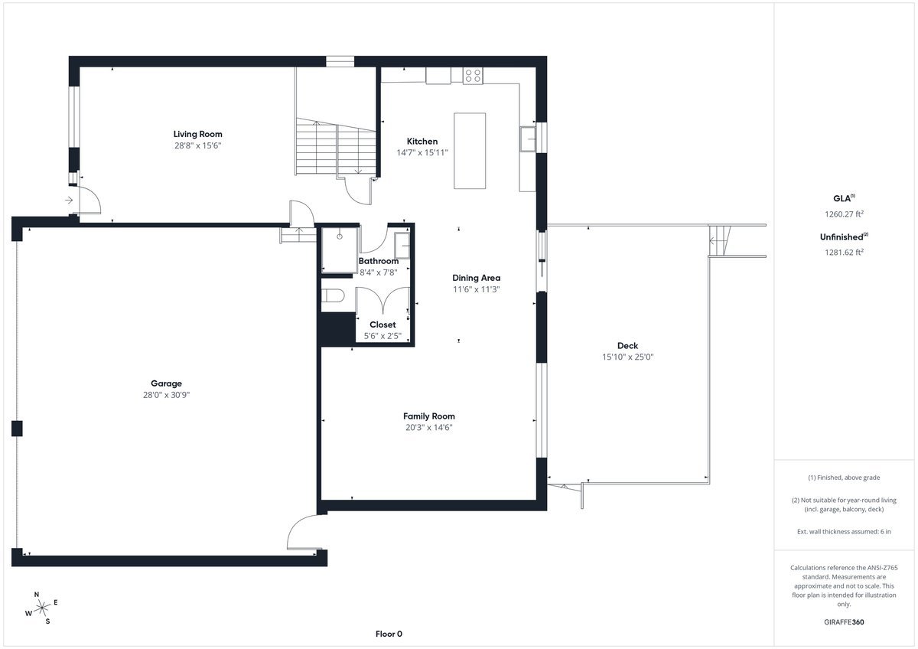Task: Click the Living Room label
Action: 197,134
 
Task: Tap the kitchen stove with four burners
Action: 473,77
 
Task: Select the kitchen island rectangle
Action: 470,151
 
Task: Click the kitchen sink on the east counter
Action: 527,139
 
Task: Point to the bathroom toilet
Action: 332,295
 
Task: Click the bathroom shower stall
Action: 339,250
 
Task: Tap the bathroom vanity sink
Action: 402,245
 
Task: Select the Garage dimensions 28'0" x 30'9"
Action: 167,395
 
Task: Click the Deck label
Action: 627,346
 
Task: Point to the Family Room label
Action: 428,416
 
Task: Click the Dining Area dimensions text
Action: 476,289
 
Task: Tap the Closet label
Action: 382,324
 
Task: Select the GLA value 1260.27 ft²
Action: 844,214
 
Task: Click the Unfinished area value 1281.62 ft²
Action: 844,252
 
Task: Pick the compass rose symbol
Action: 42,608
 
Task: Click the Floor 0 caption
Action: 389,634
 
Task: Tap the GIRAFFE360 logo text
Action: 844,622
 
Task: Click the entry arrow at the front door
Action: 69,200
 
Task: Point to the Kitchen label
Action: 422,142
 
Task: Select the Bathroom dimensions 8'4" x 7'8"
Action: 378,272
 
